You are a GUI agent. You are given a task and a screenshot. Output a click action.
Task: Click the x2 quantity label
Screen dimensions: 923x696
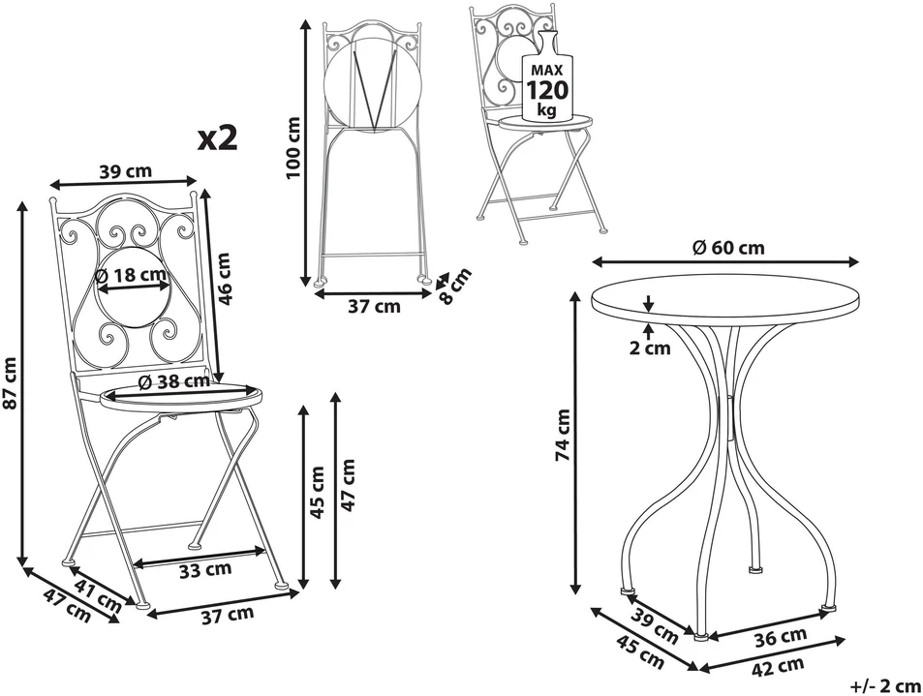point(218,137)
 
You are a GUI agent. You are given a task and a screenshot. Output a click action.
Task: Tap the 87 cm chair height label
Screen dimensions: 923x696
point(10,383)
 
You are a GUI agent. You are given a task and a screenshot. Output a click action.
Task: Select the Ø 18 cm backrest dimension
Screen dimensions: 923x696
point(130,274)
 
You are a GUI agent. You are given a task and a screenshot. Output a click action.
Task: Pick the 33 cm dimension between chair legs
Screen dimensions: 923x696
point(205,569)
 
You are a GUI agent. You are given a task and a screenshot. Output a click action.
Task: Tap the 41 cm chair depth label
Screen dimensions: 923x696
point(98,593)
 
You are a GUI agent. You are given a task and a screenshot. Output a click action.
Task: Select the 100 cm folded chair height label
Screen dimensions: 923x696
point(292,147)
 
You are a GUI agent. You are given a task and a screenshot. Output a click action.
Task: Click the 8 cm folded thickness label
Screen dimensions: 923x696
point(455,287)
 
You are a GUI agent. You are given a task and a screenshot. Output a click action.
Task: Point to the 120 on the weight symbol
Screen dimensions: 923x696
point(547,90)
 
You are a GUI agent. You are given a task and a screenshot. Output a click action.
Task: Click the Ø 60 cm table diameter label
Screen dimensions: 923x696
point(728,248)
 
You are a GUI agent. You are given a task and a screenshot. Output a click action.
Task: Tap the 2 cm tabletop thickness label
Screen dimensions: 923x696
point(650,348)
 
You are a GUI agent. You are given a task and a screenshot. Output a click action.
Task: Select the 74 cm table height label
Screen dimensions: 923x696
point(564,435)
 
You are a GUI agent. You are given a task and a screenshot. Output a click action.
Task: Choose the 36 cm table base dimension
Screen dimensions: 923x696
point(781,636)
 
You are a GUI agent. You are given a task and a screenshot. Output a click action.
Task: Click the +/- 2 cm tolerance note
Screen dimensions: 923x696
point(884,685)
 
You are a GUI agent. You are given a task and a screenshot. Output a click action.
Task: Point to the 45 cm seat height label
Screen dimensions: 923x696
point(318,492)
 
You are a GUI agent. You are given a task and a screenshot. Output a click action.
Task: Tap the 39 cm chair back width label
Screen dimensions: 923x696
point(125,171)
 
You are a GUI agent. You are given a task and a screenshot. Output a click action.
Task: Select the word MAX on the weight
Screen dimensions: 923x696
point(547,70)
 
